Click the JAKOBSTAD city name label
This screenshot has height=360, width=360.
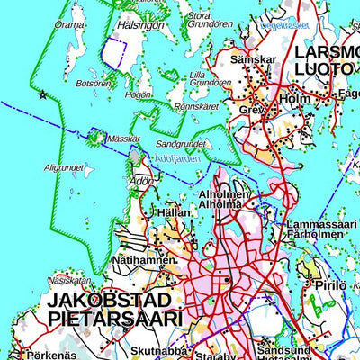[x=114, y=299]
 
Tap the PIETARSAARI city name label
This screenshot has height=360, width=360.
[x=114, y=318]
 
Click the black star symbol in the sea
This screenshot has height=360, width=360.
[x=41, y=94]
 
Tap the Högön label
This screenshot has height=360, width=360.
[x=138, y=94]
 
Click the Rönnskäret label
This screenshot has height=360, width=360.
[x=196, y=105]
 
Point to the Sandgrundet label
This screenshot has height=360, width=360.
[x=181, y=143]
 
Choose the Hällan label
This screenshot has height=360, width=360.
[x=173, y=212]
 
